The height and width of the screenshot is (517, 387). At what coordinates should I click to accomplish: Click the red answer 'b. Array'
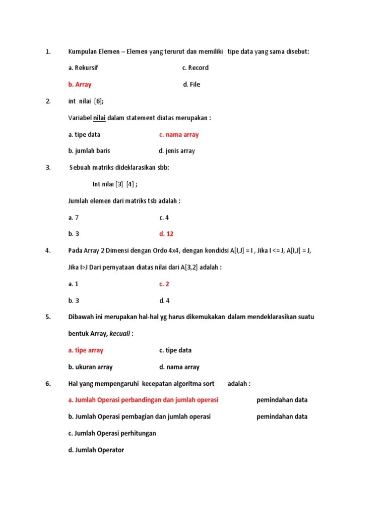(80, 85)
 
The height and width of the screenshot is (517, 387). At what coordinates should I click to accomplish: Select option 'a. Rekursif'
(83, 68)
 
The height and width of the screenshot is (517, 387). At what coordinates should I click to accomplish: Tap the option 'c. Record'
(195, 68)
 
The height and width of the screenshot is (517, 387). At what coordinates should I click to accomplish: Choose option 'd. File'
(191, 85)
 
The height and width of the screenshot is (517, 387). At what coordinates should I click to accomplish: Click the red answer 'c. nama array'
(179, 135)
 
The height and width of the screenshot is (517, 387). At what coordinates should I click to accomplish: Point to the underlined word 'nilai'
(99, 118)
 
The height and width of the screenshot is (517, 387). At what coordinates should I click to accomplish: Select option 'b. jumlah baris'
(89, 151)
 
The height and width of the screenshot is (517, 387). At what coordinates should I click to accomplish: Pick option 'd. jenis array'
(177, 151)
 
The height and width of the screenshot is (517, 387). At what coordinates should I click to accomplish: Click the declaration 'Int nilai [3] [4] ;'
(115, 184)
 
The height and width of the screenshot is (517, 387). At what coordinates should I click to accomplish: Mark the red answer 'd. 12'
(166, 234)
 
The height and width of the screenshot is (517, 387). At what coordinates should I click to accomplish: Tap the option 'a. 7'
(74, 218)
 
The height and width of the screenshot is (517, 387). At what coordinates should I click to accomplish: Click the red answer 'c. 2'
(164, 284)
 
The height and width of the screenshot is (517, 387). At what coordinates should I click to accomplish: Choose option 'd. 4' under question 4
(164, 301)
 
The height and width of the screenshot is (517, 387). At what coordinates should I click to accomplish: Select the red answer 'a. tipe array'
(86, 350)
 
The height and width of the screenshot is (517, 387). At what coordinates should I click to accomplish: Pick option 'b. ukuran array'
(90, 367)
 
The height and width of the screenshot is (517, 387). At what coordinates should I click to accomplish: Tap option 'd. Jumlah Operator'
(96, 450)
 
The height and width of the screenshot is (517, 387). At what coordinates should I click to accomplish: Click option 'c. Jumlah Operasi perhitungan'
(112, 433)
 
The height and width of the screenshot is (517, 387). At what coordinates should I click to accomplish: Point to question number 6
(48, 384)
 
